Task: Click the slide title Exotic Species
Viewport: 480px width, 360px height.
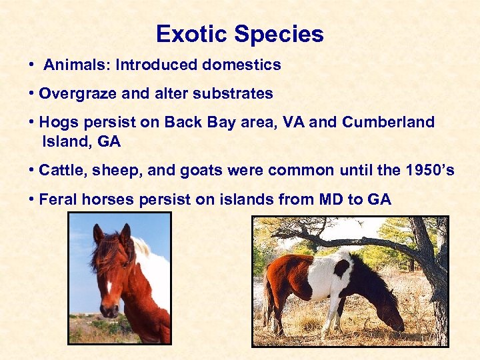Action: pos(239,34)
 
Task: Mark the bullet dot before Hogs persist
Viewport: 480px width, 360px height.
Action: pos(32,123)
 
